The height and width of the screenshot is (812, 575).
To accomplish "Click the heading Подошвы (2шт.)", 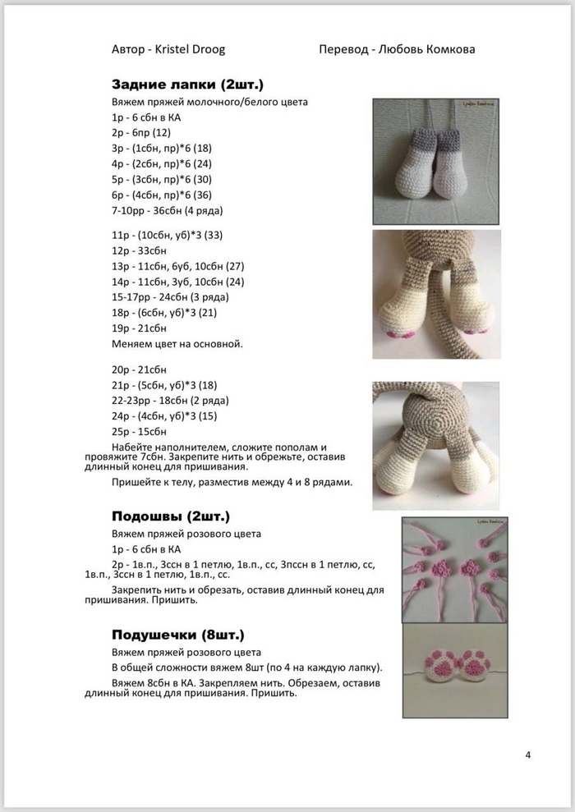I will coord(171,516).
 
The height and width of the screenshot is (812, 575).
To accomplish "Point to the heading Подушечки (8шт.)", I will coord(177,635).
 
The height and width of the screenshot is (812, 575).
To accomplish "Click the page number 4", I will coord(527,755).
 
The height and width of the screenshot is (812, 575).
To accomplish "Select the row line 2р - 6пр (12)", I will coord(141,133).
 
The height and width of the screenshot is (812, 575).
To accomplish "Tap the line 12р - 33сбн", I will coord(140,250).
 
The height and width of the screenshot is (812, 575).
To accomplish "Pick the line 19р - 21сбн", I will coord(140,328).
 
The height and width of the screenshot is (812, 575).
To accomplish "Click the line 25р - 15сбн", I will coord(140,431).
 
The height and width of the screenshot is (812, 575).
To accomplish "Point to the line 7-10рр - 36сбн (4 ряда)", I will coord(168,210).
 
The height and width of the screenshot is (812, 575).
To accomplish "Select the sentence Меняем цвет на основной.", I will coord(177,343).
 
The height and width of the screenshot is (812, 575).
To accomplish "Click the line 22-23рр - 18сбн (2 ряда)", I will coord(170,401).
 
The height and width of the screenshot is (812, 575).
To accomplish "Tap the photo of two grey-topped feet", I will coord(436,161).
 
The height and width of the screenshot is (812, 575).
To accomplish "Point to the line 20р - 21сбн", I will coord(140,369).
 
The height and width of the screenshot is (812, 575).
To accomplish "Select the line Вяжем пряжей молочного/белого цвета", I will coord(209,103).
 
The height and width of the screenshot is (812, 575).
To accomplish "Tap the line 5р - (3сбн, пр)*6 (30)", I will coord(162,180).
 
